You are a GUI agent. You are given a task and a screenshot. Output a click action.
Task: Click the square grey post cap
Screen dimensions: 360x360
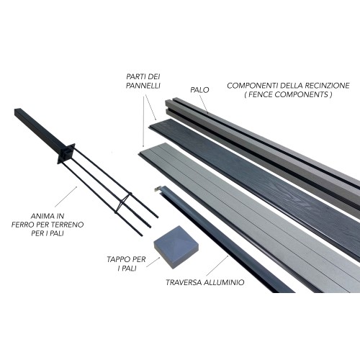click(176, 247)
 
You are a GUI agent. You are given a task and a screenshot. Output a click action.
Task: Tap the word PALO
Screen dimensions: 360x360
click(199, 90)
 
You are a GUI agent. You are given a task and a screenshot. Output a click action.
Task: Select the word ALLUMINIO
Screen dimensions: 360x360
click(224, 282)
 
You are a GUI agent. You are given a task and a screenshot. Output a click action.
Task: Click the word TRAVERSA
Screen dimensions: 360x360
click(184, 282)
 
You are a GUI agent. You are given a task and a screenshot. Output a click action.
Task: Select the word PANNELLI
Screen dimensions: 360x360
click(143, 86)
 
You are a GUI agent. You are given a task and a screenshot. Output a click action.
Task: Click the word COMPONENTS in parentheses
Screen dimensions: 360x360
click(302, 94)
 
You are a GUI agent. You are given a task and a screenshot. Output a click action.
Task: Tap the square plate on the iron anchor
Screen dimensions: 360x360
click(66, 153)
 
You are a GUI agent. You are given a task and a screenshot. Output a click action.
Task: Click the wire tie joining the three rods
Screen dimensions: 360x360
click(123, 203)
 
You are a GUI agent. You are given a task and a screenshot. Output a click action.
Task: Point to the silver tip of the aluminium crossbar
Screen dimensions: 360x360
click(157, 189)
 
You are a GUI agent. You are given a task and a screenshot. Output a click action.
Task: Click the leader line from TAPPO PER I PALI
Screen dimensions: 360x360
click(153, 262)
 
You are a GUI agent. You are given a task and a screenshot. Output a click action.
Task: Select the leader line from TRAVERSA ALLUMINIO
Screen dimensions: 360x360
click(217, 266)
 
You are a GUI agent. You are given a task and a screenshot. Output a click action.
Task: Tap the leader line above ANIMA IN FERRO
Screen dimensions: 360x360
click(66, 197)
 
